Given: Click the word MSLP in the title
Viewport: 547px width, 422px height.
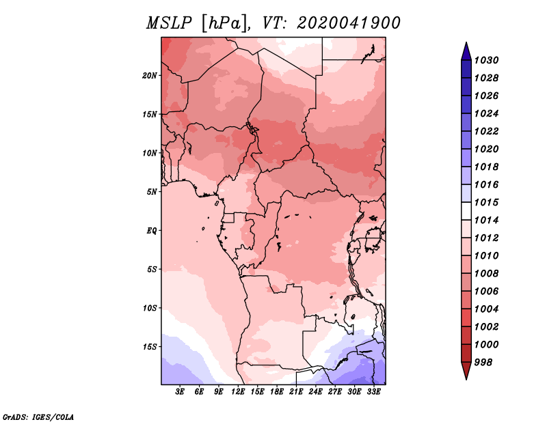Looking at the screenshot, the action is (169, 23).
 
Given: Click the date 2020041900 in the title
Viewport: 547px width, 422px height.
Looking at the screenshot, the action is (349, 23).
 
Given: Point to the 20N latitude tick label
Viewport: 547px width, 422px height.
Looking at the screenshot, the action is (150, 76).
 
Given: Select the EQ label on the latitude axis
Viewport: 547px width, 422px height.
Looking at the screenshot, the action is (152, 231).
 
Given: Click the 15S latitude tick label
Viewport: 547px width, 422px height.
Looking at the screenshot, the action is (150, 347).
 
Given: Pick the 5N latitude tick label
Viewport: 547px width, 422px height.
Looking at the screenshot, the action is (152, 192).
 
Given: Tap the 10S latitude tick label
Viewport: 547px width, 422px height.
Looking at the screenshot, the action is (150, 308).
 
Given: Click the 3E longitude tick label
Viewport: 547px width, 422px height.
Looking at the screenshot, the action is (180, 392).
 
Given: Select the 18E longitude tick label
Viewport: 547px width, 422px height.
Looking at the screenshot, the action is (276, 392).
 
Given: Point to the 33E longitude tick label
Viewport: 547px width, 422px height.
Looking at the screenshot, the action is (373, 392).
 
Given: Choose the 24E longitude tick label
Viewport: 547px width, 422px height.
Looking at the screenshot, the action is (315, 392).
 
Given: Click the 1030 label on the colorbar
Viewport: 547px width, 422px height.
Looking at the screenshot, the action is (486, 60).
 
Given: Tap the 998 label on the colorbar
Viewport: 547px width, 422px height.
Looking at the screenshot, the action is (483, 363).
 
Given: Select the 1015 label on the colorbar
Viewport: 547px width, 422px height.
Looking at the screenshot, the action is (486, 202).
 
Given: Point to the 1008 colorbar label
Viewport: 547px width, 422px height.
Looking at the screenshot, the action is (486, 274).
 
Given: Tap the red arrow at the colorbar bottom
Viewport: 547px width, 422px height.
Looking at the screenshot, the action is (466, 369).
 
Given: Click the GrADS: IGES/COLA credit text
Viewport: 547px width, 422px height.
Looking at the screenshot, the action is (38, 417).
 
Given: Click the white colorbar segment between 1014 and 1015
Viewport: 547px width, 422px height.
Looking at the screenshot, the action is (466, 211).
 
